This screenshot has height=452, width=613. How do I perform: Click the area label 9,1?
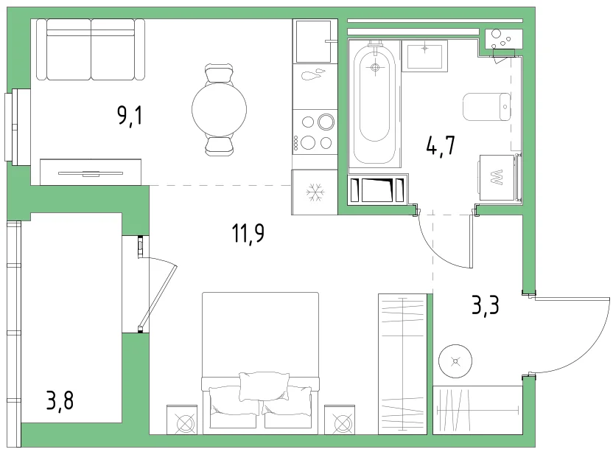(x=130, y=116)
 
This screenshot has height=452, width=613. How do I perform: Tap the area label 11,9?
(x=248, y=234)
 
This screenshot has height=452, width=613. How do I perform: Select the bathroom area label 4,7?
(x=441, y=146)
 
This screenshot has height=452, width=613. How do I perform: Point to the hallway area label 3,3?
(x=485, y=305)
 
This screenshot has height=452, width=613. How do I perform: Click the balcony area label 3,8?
(x=60, y=400)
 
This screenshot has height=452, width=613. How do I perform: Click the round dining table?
(x=219, y=110)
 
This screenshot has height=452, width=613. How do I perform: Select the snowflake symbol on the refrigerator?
(x=315, y=192)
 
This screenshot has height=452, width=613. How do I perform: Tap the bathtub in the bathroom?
(x=375, y=103)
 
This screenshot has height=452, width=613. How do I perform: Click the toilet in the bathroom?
(x=487, y=107)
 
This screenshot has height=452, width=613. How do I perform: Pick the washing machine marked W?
(x=497, y=178)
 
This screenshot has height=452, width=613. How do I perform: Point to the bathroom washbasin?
(x=424, y=57)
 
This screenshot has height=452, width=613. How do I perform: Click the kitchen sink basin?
(x=313, y=41)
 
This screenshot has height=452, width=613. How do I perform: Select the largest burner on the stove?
(x=326, y=122)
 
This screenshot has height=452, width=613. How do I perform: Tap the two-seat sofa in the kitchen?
(x=91, y=49)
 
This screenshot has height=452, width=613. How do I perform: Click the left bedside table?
(x=182, y=420)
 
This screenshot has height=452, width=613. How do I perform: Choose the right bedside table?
(x=340, y=420)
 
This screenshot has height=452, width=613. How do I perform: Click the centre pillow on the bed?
(x=265, y=386)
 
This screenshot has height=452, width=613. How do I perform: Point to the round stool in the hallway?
(x=455, y=361)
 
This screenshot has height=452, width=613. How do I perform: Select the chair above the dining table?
(x=219, y=74)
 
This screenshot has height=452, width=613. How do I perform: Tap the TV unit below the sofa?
(x=91, y=172)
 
